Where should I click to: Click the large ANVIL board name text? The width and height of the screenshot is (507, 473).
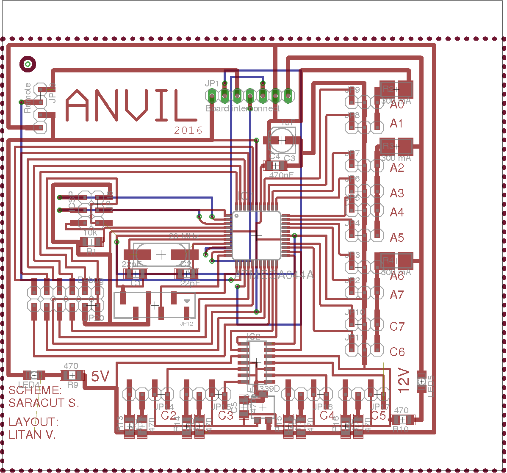tap(126, 105)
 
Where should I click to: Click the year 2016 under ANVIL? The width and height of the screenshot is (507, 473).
tap(188, 130)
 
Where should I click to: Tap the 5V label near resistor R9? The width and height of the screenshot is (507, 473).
tap(101, 376)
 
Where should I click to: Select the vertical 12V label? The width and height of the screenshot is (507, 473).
tap(404, 378)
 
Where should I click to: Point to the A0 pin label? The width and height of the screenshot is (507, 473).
tap(397, 105)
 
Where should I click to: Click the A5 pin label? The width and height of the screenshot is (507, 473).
tap(397, 238)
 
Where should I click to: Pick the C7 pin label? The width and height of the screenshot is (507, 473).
tap(397, 326)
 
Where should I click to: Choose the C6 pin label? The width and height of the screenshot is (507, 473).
tap(397, 352)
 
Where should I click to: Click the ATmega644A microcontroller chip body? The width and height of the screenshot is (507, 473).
tap(257, 235)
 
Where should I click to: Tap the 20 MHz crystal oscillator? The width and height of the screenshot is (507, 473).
tap(161, 254)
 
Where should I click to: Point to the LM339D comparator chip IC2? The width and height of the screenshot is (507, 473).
tap(256, 362)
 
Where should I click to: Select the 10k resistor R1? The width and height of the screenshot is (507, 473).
tap(91, 242)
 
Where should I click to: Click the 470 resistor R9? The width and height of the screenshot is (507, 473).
tap(72, 375)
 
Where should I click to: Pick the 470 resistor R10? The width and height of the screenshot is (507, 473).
tap(401, 420)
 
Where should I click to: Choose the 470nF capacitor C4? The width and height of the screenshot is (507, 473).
tap(276, 166)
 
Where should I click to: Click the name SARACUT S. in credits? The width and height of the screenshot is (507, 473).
tap(44, 403)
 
